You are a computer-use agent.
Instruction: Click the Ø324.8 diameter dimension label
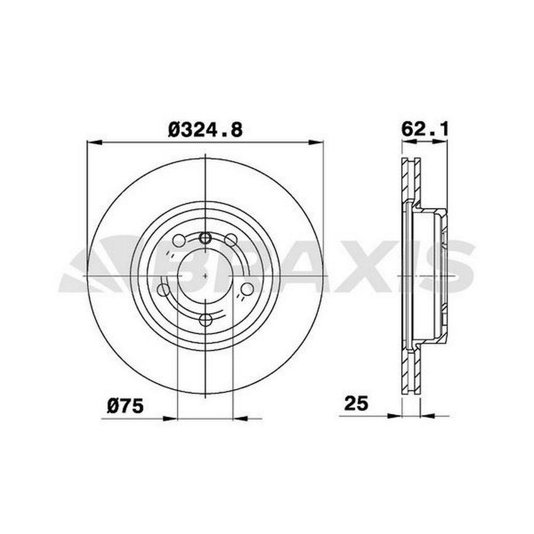pos(206,130)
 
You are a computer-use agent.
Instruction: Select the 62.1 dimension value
pos(425,129)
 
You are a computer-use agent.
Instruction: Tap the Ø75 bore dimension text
pos(125,406)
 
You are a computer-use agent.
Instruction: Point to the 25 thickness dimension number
pos(356,404)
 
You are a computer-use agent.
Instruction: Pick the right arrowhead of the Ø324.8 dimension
pos(315,143)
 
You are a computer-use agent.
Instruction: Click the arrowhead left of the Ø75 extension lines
pos(170,419)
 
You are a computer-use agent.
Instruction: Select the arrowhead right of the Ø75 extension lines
pos(240,419)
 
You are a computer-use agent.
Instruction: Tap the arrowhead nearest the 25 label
pos(395,415)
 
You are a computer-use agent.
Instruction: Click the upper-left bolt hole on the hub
pos(179,241)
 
